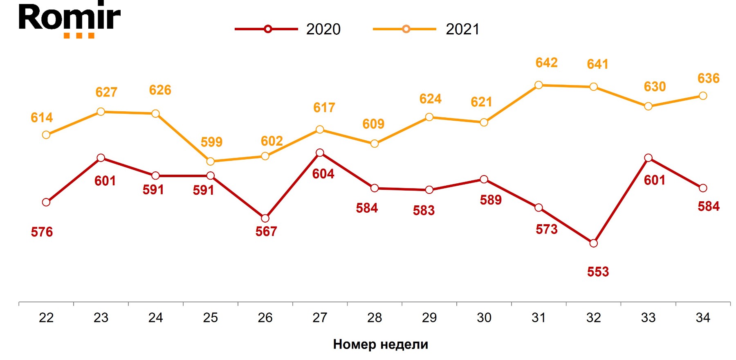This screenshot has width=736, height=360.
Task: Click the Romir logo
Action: (x=70, y=20)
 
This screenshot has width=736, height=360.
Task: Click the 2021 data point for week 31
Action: (x=539, y=85)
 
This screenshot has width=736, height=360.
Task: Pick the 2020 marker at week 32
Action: (x=594, y=243)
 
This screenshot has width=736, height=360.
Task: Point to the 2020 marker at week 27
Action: (x=320, y=153)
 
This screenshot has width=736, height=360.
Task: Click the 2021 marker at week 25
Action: (x=210, y=162)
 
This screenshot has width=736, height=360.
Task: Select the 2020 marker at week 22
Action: (x=46, y=202)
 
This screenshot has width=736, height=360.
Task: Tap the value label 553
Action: (x=598, y=272)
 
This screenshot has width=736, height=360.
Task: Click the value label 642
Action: (x=546, y=63)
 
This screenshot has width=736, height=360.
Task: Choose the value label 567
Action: (x=266, y=232)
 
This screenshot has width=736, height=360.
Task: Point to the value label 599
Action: (x=211, y=142)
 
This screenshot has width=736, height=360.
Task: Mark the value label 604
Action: (x=323, y=174)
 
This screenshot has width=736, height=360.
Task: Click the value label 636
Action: (x=708, y=78)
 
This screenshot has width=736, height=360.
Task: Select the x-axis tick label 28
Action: (x=375, y=317)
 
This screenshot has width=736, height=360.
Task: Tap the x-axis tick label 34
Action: (x=703, y=317)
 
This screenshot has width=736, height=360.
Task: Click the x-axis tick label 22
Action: (x=46, y=317)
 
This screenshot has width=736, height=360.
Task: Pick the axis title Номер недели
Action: (x=380, y=344)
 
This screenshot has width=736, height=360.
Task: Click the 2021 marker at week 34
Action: (x=703, y=96)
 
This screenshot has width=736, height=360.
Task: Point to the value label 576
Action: (x=42, y=232)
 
